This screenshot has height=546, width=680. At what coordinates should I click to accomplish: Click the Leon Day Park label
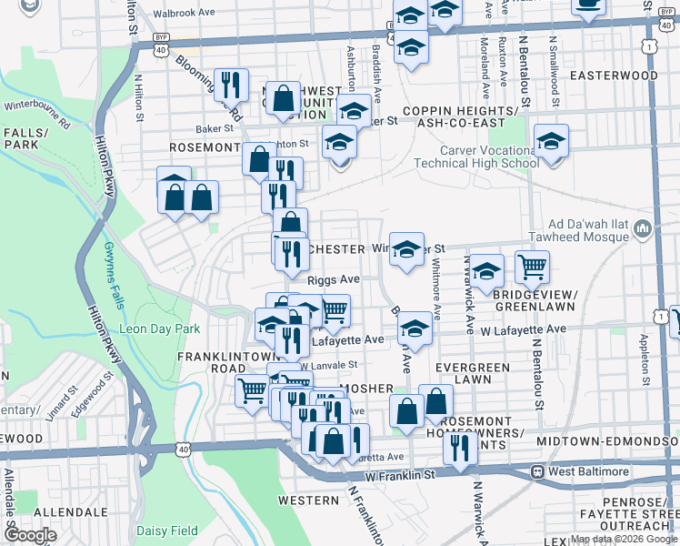pyautogui.click(x=159, y=329)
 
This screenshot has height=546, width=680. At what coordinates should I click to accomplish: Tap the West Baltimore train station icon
pyautogui.click(x=538, y=472)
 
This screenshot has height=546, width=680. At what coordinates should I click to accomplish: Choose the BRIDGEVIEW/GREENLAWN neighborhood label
pyautogui.click(x=535, y=300)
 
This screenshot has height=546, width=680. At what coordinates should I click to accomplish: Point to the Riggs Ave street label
pyautogui.click(x=334, y=280)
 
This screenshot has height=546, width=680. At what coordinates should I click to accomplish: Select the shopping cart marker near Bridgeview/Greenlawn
pyautogui.click(x=532, y=267)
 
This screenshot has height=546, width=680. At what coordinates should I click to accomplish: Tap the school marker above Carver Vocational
pyautogui.click(x=551, y=141)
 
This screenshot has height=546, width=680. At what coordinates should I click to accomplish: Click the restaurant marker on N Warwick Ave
pyautogui.click(x=460, y=446)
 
